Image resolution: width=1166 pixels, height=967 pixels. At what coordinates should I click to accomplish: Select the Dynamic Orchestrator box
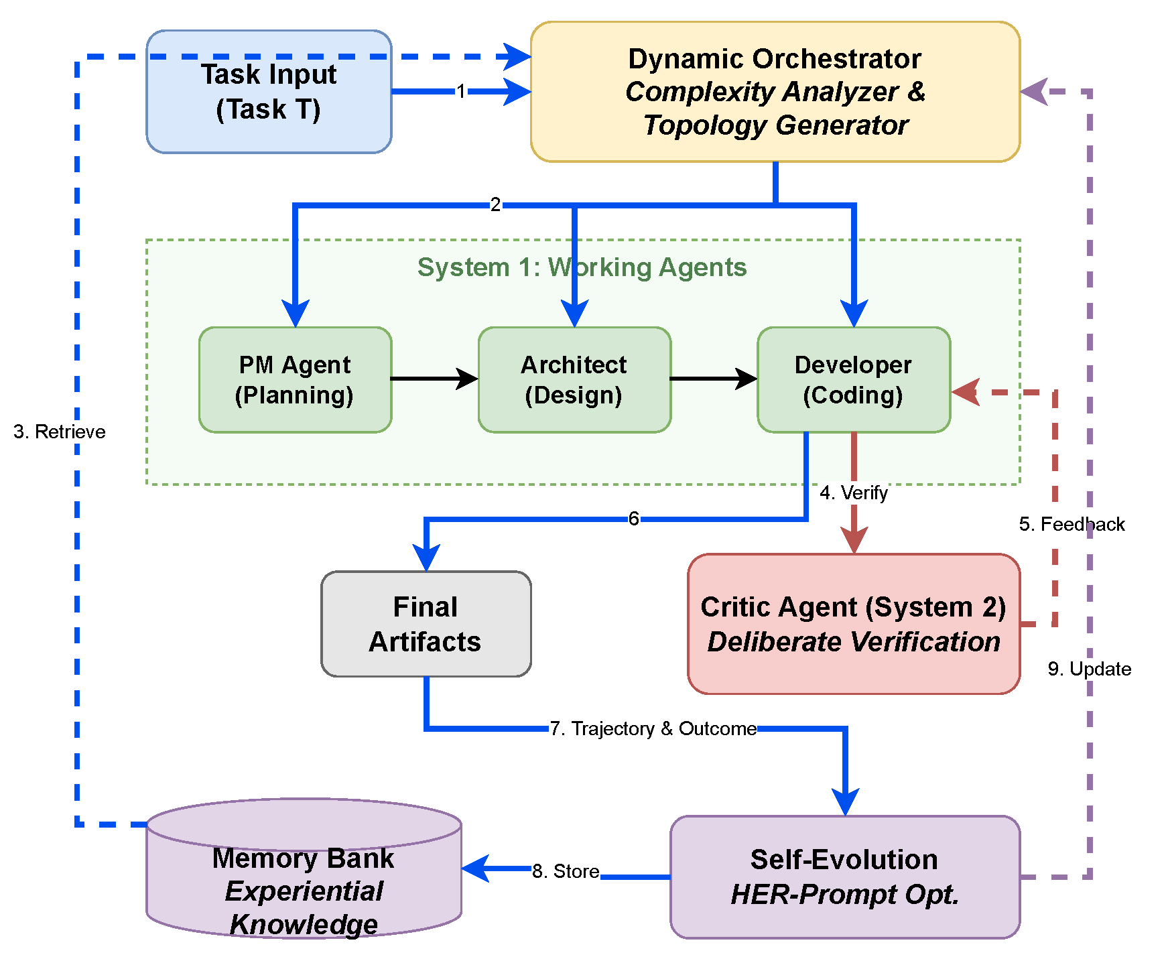click(x=775, y=92)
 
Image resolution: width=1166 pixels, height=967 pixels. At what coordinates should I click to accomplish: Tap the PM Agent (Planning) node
click(x=295, y=380)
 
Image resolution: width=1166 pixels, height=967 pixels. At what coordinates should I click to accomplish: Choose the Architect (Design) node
click(x=574, y=380)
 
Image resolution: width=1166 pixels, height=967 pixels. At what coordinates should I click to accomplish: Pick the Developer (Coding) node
click(x=853, y=380)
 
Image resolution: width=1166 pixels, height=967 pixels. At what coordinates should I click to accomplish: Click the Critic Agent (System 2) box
click(x=853, y=624)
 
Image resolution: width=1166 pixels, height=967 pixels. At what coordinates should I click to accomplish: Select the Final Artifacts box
click(x=426, y=624)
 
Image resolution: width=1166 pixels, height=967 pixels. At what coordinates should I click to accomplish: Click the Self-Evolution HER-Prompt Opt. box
click(x=844, y=877)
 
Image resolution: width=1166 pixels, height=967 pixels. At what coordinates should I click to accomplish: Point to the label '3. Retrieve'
click(x=60, y=432)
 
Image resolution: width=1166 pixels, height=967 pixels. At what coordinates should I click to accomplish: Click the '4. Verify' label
click(x=854, y=493)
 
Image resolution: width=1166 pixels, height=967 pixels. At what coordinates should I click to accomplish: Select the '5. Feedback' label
click(x=1072, y=524)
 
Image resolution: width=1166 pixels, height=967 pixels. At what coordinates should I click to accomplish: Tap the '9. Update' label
click(x=1089, y=669)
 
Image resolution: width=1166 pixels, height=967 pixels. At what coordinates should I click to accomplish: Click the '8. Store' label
click(x=566, y=871)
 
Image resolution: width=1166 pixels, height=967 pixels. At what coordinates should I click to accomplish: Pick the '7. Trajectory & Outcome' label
click(x=653, y=728)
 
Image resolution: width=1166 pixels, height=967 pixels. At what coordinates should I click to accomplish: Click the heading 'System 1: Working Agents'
click(x=582, y=267)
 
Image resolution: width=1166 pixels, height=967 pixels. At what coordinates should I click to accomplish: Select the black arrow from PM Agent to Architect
click(x=434, y=379)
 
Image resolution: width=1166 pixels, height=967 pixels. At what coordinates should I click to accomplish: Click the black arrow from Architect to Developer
click(x=713, y=379)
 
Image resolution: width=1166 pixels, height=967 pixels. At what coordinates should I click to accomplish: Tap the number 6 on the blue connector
click(x=633, y=518)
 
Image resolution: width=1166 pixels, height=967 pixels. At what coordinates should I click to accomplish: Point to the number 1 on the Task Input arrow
click(x=461, y=91)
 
